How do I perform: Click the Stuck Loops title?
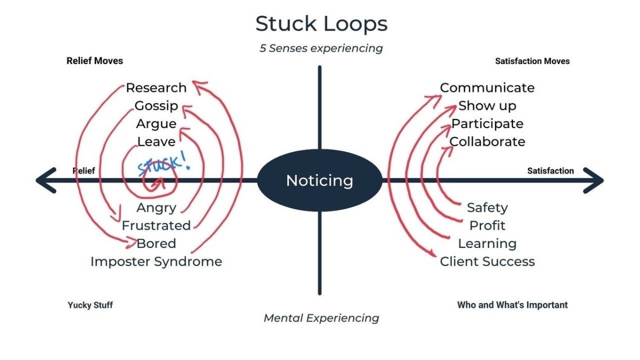[321, 24]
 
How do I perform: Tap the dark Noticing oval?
[319, 181]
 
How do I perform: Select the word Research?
[156, 87]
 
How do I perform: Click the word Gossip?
[156, 106]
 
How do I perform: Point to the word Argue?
[156, 124]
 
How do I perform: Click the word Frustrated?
[156, 226]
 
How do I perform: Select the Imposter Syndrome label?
[156, 261]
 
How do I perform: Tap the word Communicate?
[487, 87]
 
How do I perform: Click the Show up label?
[487, 106]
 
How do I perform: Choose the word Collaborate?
[487, 142]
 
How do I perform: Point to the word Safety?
[487, 207]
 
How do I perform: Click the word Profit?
[487, 226]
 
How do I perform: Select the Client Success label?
[487, 261]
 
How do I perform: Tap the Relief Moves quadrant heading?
[94, 61]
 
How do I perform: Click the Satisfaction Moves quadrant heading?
[532, 61]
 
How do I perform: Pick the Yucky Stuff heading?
[90, 306]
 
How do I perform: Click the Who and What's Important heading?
[512, 305]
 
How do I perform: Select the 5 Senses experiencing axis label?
[321, 49]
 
